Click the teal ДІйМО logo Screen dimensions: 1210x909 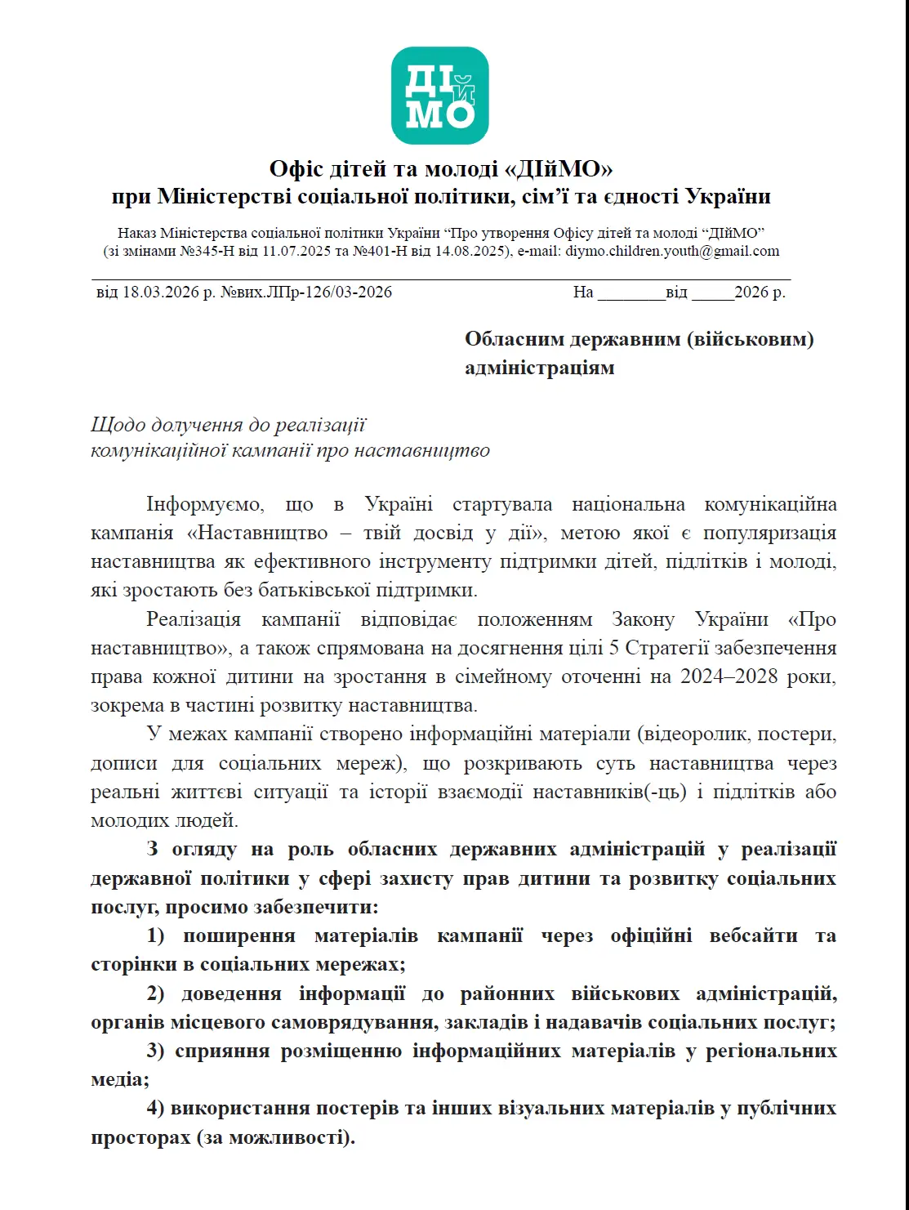[439, 96]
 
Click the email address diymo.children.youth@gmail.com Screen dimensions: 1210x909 [672, 251]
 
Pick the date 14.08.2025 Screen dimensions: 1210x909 [471, 251]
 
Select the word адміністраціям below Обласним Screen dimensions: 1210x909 [540, 368]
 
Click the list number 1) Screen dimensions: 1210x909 [155, 935]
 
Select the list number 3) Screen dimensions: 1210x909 [154, 1051]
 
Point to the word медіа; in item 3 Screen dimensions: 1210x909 [120, 1079]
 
